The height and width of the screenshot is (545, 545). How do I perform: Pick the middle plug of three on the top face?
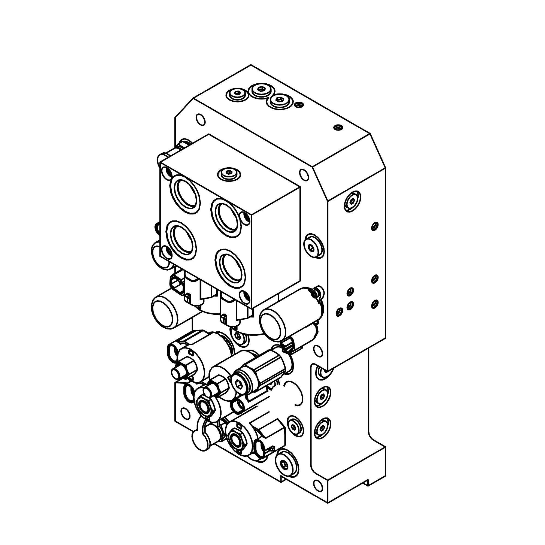point(260,89)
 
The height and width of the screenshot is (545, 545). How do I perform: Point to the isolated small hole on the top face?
point(338,128)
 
